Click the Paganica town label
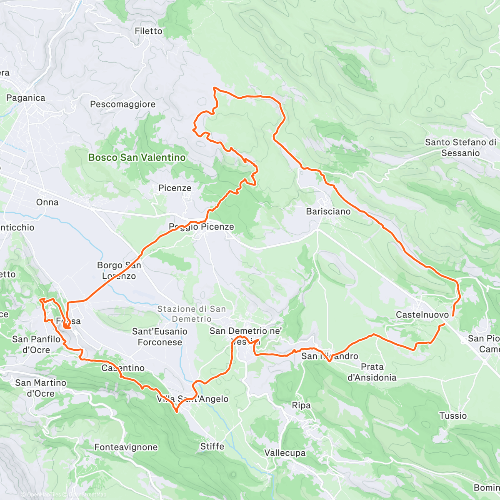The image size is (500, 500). tap(25, 98)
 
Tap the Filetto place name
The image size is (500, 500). tap(148, 31)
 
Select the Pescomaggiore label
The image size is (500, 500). tap(122, 104)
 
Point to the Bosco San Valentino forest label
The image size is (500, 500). tap(137, 157)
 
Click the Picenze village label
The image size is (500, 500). tap(175, 188)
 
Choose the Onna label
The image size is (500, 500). tap(47, 202)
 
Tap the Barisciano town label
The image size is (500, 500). tap(328, 211)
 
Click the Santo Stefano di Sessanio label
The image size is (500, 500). tap(460, 147)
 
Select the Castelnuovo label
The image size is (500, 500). tap(422, 315)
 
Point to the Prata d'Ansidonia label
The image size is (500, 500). tap(372, 372)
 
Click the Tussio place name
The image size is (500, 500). tap(453, 415)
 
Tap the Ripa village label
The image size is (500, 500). tap(301, 405)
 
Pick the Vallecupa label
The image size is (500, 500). tap(285, 453)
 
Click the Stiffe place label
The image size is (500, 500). tap(212, 446)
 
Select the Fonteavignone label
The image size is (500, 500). tap(126, 447)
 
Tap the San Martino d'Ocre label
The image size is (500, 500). tap(41, 388)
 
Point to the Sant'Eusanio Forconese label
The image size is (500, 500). tap(160, 337)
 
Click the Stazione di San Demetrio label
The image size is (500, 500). tap(191, 314)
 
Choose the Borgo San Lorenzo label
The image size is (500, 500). tap(119, 270)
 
